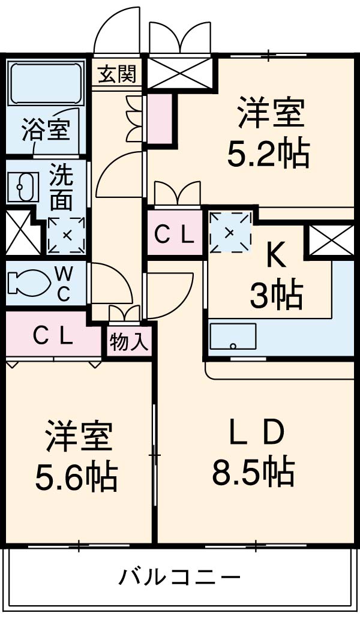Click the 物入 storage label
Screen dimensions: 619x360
[128, 342]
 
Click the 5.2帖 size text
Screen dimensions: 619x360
[268, 154]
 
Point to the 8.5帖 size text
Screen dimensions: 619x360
[253, 472]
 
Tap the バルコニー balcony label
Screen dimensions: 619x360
[179, 578]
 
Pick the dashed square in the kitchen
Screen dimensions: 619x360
[230, 233]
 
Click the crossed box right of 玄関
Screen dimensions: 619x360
[179, 73]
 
